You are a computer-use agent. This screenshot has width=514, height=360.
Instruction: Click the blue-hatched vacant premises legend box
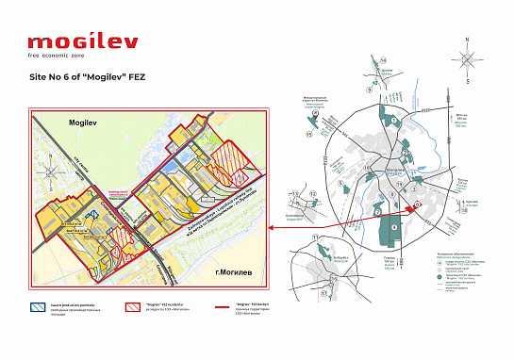point(42,307)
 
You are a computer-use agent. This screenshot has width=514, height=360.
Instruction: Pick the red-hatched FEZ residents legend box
point(135,307)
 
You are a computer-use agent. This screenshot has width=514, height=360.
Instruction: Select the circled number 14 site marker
point(384,60)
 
